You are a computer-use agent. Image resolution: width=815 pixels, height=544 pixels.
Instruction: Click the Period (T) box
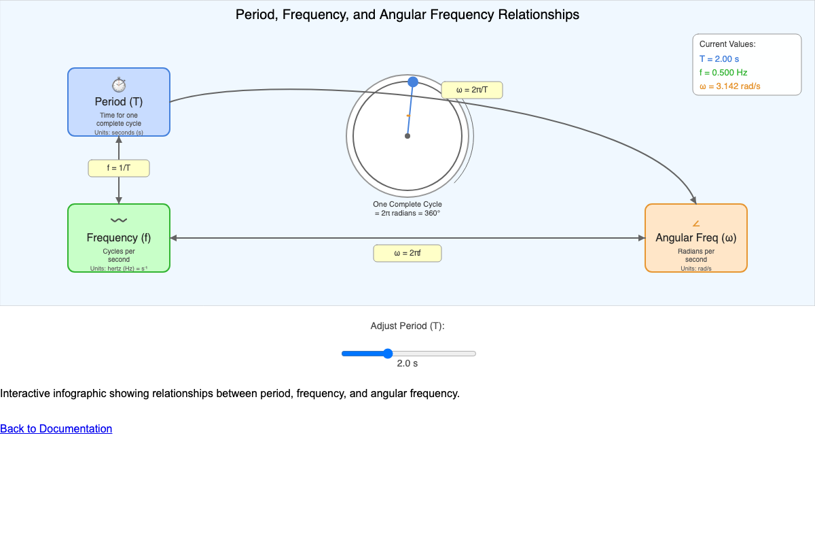[119, 102]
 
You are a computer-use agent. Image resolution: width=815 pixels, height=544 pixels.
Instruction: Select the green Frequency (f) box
[119, 238]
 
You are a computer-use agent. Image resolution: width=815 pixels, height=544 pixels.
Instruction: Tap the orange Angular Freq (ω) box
[695, 238]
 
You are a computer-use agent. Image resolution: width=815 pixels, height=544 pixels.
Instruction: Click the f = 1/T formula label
[119, 168]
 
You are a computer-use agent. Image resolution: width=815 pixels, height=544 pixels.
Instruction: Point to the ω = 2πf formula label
[407, 253]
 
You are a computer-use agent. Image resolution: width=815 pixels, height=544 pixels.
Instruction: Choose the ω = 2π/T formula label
[472, 90]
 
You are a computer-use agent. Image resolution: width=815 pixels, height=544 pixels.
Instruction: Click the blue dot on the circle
[413, 82]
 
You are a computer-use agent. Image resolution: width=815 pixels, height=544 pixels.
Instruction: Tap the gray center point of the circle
[407, 136]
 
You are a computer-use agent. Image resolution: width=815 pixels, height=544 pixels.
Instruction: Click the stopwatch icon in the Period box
[119, 85]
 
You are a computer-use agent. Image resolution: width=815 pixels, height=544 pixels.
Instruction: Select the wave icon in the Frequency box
[119, 220]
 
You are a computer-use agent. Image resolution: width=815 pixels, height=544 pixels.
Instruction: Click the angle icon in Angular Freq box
[695, 224]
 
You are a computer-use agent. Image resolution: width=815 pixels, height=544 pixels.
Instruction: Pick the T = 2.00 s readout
[719, 59]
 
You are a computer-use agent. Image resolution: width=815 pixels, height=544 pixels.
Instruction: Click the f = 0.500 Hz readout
[723, 72]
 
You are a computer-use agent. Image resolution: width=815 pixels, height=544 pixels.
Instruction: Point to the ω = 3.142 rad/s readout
[729, 86]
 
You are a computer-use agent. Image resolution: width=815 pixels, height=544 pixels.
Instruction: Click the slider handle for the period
[388, 354]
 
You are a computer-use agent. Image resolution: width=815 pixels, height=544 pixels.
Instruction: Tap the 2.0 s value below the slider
[407, 364]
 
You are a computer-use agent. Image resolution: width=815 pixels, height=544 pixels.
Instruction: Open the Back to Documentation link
[56, 428]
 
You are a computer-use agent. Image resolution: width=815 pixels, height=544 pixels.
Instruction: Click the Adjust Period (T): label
[407, 326]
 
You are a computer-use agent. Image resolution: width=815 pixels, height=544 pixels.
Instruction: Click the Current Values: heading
[727, 44]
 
